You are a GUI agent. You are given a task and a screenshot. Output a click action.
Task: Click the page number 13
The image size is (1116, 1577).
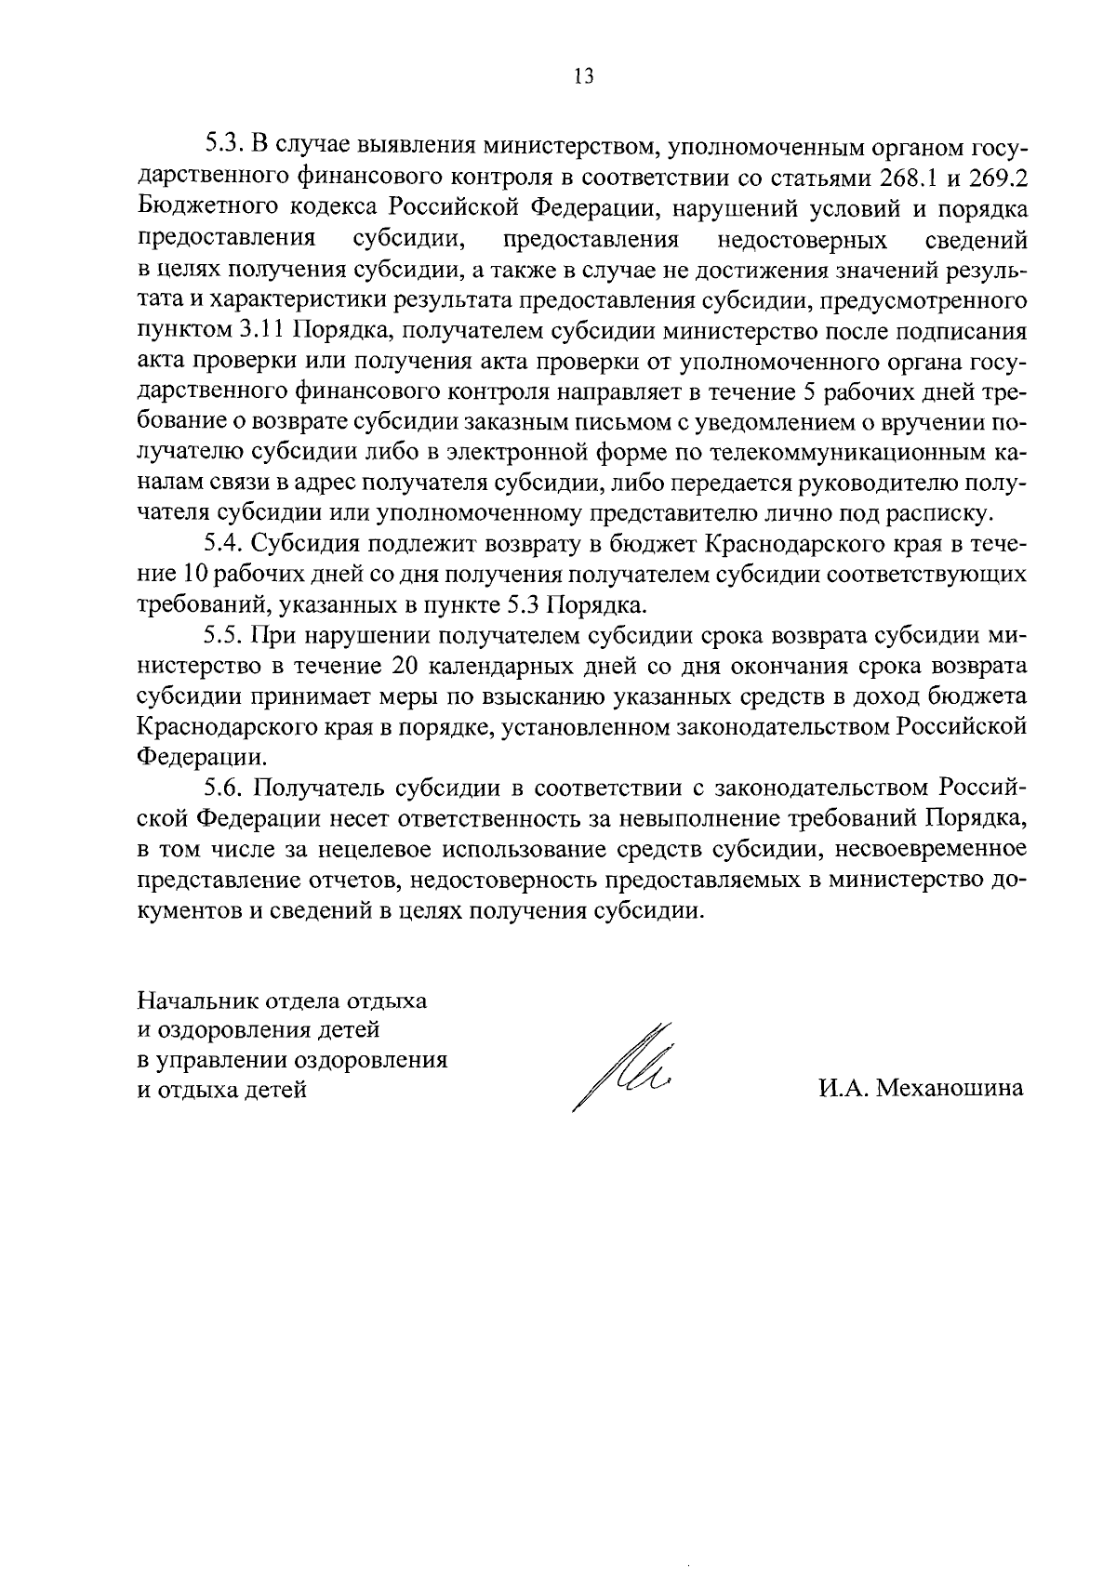(x=584, y=77)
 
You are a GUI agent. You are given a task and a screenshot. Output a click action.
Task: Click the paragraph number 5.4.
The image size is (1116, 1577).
(x=223, y=545)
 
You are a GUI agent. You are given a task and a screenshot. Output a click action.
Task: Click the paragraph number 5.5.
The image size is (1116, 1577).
(x=223, y=636)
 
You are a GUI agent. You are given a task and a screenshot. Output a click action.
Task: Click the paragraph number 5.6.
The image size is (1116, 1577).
(x=223, y=788)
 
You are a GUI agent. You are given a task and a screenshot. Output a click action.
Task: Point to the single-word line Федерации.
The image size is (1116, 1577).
(x=199, y=758)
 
